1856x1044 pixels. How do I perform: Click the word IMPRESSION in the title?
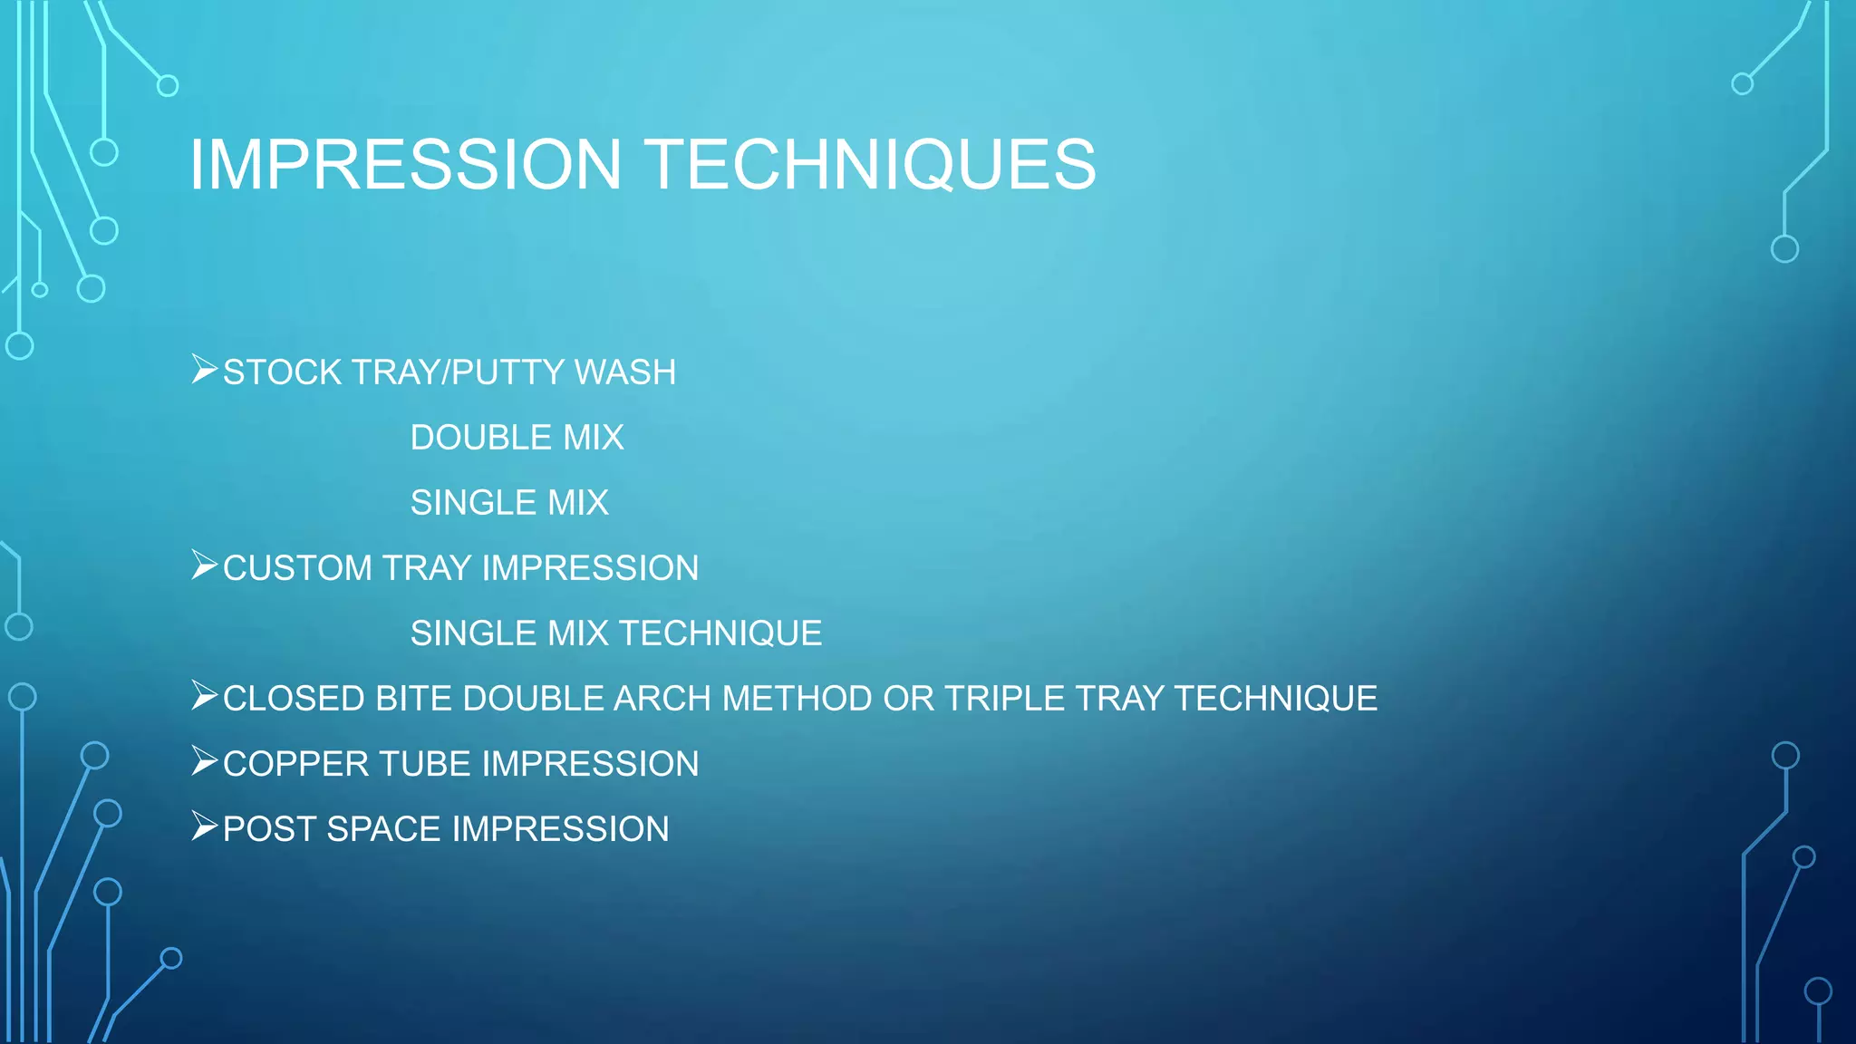[x=405, y=164]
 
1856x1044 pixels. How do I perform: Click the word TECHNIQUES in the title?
[x=872, y=164]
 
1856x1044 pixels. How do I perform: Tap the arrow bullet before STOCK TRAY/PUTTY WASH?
[x=204, y=370]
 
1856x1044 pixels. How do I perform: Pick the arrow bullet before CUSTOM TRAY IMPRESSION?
[x=204, y=565]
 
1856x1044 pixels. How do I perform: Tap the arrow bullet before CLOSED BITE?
[x=204, y=696]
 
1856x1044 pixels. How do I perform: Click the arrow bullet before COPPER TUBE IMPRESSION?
[x=204, y=761]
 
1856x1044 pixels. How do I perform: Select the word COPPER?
[x=295, y=764]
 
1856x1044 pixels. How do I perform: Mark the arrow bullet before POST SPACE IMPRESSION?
[x=204, y=826]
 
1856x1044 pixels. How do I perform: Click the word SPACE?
[x=383, y=829]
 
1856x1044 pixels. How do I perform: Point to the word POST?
[x=269, y=829]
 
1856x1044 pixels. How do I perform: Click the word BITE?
[x=413, y=699]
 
